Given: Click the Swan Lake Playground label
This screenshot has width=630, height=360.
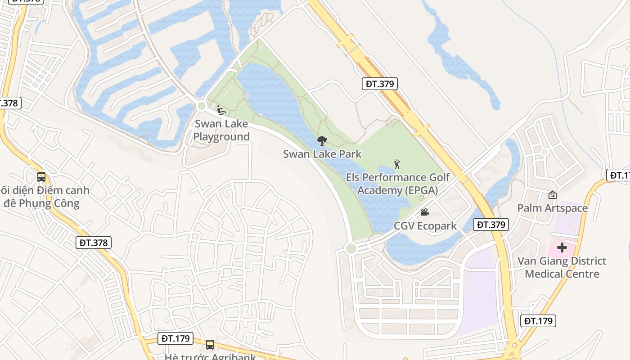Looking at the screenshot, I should [x=221, y=130].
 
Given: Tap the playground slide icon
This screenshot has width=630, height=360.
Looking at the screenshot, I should [x=221, y=110].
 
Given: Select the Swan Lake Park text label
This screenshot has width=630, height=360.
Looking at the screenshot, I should [x=322, y=154].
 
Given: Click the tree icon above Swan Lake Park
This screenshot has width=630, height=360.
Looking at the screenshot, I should [x=322, y=141].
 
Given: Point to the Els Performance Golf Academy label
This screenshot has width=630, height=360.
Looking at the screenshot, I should [x=398, y=184].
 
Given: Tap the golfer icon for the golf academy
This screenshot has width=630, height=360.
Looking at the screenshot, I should [x=397, y=164].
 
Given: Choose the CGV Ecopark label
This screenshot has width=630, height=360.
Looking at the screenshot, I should [x=425, y=226].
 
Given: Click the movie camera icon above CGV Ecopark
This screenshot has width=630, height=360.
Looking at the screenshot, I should [x=425, y=212].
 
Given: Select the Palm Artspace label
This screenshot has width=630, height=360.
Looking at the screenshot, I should [x=553, y=208].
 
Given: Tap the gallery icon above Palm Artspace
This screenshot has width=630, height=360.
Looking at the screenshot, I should [x=552, y=195].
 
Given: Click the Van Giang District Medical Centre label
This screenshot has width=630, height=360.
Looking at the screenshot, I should [x=562, y=267].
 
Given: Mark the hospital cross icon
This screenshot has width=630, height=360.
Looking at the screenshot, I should [x=562, y=247].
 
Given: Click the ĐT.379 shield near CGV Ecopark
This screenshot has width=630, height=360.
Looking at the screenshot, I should [x=491, y=224].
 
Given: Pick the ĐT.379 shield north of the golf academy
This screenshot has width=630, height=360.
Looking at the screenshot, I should [x=380, y=83].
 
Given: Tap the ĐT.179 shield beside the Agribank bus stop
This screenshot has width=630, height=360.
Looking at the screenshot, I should [x=176, y=338].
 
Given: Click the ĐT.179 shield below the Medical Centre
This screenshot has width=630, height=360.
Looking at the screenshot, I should [x=539, y=321].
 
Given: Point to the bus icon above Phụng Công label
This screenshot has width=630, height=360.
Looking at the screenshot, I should [x=41, y=177].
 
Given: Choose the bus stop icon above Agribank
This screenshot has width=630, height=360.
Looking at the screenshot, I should [x=210, y=345].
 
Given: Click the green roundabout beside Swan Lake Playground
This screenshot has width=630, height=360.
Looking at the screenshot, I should [x=202, y=106].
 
